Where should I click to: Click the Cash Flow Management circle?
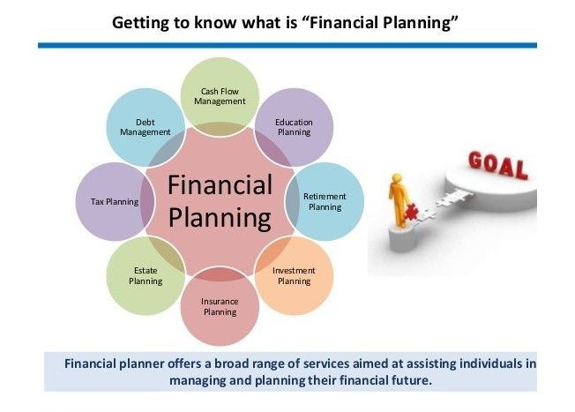[220, 97]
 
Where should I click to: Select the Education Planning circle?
[294, 127]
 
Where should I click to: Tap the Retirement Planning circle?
[325, 201]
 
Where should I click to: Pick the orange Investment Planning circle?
[294, 275]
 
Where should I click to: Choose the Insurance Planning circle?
[220, 306]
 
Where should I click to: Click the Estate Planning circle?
[146, 275]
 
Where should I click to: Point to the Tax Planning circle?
[115, 201]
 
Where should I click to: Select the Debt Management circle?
[146, 127]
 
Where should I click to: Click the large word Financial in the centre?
[220, 184]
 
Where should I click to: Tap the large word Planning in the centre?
[220, 218]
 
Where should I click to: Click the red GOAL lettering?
[498, 165]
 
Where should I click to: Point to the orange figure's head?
[396, 178]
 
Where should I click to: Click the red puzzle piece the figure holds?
[412, 212]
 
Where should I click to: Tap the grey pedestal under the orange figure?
[403, 237]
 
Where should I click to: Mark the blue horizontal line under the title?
[287, 45]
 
